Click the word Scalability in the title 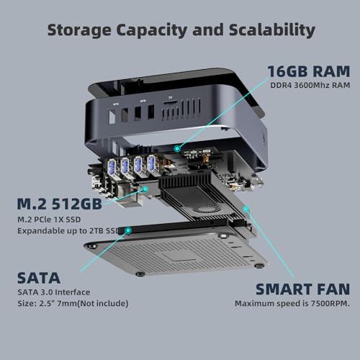(272, 30)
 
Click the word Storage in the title (79, 30)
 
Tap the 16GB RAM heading (309, 71)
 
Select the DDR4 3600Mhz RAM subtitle (310, 85)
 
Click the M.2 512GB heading (60, 204)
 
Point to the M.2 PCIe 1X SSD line (49, 220)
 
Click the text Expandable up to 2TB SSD (68, 230)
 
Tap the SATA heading (39, 278)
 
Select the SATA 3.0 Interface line (54, 292)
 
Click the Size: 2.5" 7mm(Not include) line (73, 303)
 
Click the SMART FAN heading (302, 289)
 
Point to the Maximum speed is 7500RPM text (292, 303)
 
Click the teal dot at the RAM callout (177, 149)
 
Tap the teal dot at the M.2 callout (145, 189)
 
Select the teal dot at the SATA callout (128, 230)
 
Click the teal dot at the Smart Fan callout (246, 210)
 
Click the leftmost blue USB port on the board (112, 166)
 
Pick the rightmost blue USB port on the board (152, 163)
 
